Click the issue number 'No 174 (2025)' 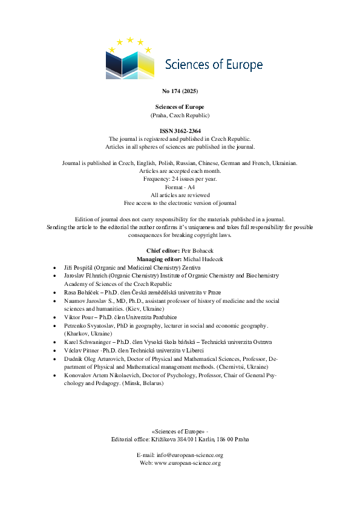point(180,91)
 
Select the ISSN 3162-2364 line point(180,131)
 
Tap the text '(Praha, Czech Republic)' point(180,114)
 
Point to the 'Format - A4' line point(180,187)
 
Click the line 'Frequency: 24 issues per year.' point(180,180)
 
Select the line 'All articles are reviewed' point(180,195)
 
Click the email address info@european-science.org point(194,455)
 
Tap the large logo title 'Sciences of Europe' point(214,65)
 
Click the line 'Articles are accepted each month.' point(180,172)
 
